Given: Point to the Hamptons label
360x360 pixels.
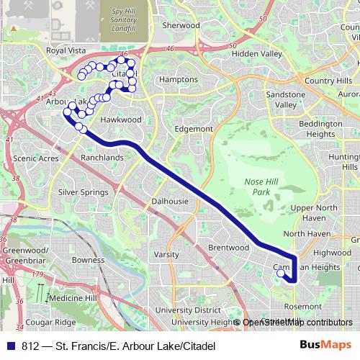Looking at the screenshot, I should [178, 79].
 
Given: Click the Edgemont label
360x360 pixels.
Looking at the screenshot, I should [194, 129].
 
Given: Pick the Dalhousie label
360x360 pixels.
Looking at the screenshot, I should [170, 202].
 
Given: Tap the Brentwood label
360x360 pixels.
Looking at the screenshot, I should [228, 247].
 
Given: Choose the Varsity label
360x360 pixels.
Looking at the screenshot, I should [166, 255].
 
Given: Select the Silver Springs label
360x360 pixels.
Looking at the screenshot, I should [83, 192].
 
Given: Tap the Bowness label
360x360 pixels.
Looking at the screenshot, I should [88, 260].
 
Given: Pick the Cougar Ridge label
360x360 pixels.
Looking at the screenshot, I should [50, 322].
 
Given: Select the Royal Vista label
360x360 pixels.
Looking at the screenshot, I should [66, 51].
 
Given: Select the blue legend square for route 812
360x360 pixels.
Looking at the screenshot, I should [10, 346].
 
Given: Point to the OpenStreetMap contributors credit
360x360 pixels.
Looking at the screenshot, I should [297, 323].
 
